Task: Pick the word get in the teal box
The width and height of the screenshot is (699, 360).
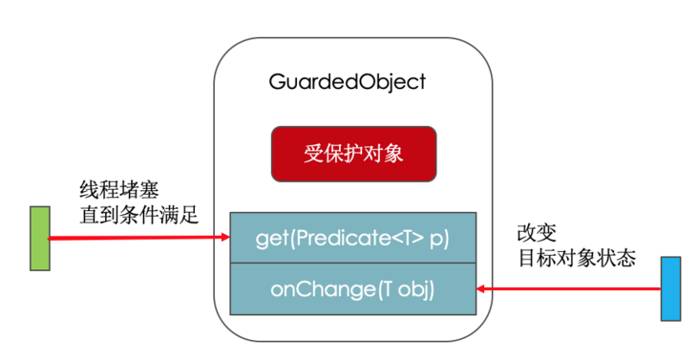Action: pos(270,238)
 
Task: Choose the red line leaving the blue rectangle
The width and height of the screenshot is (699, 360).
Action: pos(573,287)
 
